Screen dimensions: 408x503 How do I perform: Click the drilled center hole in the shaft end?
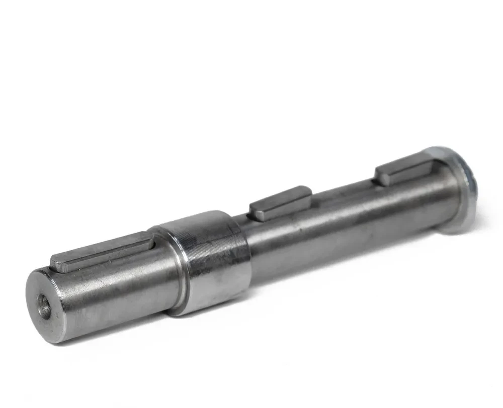pyautogui.click(x=44, y=307)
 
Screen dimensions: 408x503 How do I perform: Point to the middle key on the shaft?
pyautogui.click(x=280, y=203)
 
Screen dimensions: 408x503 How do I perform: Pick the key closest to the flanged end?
pyautogui.click(x=405, y=170)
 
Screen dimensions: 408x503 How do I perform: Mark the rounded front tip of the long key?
pyautogui.click(x=57, y=264)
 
